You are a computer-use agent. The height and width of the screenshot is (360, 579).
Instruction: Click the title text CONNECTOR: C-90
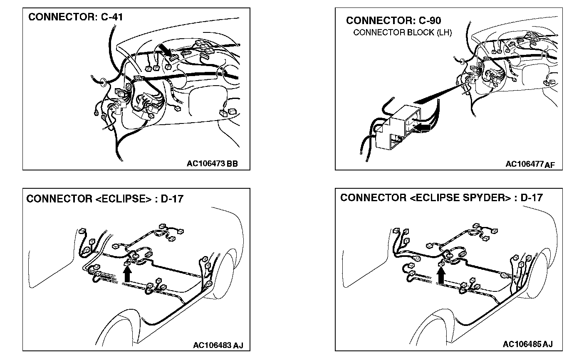pyautogui.click(x=393, y=20)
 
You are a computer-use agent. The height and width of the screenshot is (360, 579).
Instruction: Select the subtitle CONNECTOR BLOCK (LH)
pyautogui.click(x=402, y=32)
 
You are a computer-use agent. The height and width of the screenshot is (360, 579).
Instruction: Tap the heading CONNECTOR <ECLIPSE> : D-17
pyautogui.click(x=105, y=199)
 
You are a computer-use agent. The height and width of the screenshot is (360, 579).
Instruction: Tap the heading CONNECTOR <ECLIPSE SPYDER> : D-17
pyautogui.click(x=441, y=198)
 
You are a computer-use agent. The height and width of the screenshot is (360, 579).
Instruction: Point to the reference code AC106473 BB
pyautogui.click(x=212, y=163)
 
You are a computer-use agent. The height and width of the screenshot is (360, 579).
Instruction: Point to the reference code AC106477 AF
pyautogui.click(x=530, y=164)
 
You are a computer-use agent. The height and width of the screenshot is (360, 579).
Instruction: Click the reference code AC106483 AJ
pyautogui.click(x=218, y=345)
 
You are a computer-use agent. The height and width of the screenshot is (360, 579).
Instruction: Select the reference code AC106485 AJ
pyautogui.click(x=527, y=345)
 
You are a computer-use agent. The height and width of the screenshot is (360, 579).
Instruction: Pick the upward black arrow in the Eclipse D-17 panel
pyautogui.click(x=128, y=274)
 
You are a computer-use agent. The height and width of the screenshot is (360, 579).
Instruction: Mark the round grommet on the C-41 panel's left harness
pyautogui.click(x=101, y=82)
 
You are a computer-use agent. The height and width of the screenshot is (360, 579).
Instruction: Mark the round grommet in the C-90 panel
pyautogui.click(x=461, y=61)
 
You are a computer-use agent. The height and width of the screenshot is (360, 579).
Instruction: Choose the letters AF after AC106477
pyautogui.click(x=549, y=165)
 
